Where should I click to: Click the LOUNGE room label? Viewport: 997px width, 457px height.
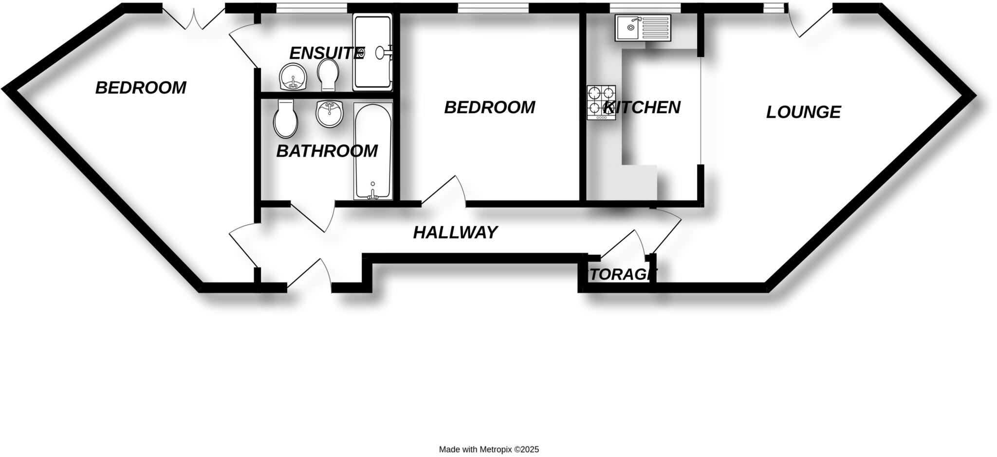(803, 113)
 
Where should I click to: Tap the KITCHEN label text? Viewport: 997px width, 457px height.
(642, 108)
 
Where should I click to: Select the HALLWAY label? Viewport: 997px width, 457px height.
(455, 233)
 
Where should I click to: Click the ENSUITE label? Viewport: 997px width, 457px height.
(327, 53)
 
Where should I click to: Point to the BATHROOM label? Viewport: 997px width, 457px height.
(327, 152)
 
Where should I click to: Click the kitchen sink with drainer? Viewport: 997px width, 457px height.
(643, 27)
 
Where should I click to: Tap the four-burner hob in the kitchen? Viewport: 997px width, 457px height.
(601, 102)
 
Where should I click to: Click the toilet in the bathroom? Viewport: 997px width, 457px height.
(286, 119)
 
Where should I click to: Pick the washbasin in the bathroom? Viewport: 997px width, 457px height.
(330, 114)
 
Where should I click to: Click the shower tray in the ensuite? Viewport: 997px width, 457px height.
(372, 52)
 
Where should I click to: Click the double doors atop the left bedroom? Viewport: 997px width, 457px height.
(193, 19)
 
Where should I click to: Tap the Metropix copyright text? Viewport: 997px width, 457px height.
(489, 450)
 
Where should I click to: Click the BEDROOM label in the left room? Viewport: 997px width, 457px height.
(141, 88)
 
